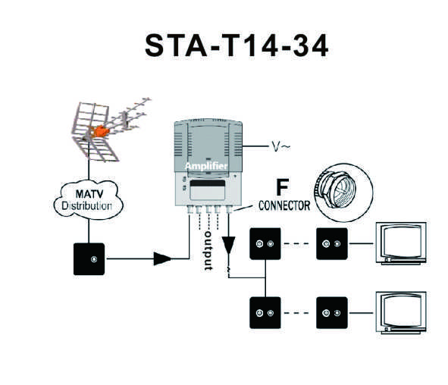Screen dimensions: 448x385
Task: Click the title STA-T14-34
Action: (x=237, y=45)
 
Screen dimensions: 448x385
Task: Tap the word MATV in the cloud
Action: (x=89, y=194)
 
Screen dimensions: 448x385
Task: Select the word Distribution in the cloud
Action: (x=86, y=206)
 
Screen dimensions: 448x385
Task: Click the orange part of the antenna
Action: (x=100, y=131)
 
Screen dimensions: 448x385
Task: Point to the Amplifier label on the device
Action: (x=206, y=166)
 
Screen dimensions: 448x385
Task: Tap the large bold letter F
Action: (x=282, y=187)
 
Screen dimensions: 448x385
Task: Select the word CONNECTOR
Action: (x=284, y=205)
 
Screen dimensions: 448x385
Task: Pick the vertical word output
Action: (x=208, y=251)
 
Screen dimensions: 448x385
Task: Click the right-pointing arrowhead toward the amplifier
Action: (x=162, y=258)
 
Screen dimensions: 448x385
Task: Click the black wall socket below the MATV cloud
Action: (x=89, y=259)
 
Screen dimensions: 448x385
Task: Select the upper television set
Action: (x=401, y=243)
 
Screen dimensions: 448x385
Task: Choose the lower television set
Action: (x=401, y=312)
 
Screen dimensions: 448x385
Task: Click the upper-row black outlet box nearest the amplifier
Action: (x=265, y=243)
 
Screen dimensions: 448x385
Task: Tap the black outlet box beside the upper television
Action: (x=332, y=243)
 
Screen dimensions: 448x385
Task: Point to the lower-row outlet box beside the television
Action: (x=332, y=313)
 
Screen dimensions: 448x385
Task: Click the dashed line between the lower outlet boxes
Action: (x=297, y=313)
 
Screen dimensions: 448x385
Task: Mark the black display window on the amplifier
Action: (x=208, y=183)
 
